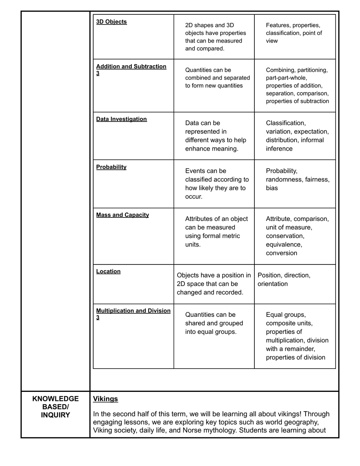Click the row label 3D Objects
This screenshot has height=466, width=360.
(111, 22)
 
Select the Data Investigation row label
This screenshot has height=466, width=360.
(122, 119)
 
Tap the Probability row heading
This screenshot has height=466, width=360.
(111, 167)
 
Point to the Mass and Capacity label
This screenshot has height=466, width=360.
(123, 215)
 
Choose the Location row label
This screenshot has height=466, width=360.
(108, 271)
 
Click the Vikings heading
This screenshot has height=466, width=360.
(106, 399)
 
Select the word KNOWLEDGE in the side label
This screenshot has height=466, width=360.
(56, 399)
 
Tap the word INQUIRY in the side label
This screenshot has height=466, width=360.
(56, 415)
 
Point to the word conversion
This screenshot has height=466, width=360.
(282, 253)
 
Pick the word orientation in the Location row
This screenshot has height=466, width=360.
(273, 284)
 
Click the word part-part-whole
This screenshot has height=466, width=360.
(286, 78)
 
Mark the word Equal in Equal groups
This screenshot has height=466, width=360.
(274, 315)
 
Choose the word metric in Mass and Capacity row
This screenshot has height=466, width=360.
(231, 236)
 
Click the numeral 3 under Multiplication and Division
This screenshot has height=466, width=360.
(98, 318)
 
